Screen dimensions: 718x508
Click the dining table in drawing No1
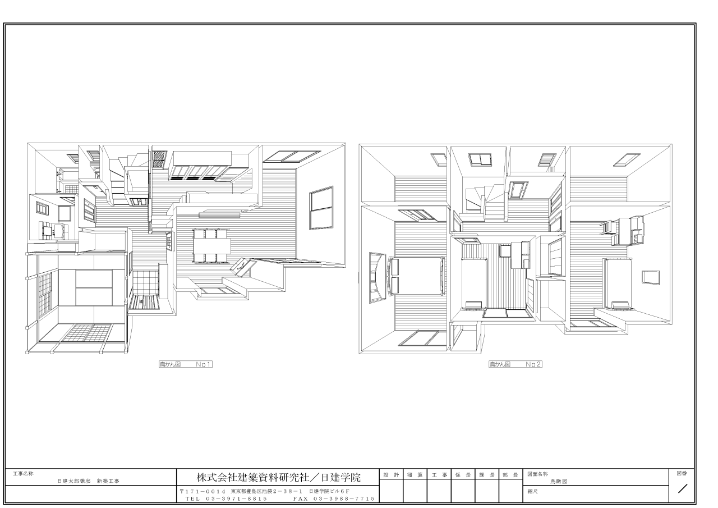(211, 246)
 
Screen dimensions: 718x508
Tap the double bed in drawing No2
(416, 276)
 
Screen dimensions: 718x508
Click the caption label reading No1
(204, 364)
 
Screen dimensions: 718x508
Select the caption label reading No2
(533, 364)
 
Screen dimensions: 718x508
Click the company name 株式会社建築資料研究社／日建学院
(278, 478)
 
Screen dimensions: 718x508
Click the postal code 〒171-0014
(203, 491)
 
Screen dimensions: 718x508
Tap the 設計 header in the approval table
(391, 475)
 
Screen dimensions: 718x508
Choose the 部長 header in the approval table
(510, 475)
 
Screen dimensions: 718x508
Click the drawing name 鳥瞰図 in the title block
(559, 482)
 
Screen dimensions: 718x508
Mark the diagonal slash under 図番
(683, 489)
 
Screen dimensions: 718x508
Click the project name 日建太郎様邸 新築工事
(89, 481)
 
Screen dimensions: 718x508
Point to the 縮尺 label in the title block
(532, 491)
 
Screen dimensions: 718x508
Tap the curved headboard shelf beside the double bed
(378, 278)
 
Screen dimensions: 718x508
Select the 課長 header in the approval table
(486, 475)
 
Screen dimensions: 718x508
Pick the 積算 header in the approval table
(415, 475)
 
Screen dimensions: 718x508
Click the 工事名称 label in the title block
(23, 473)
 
